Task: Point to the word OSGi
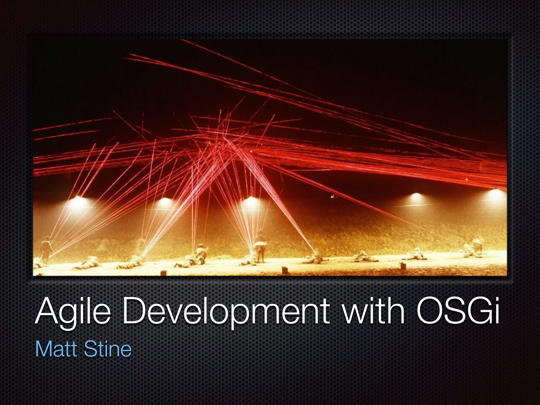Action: (x=457, y=311)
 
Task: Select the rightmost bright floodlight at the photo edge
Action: (x=496, y=194)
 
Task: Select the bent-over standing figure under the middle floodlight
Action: (x=260, y=249)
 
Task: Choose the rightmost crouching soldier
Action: (x=473, y=249)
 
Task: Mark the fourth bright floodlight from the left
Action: (x=416, y=196)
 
